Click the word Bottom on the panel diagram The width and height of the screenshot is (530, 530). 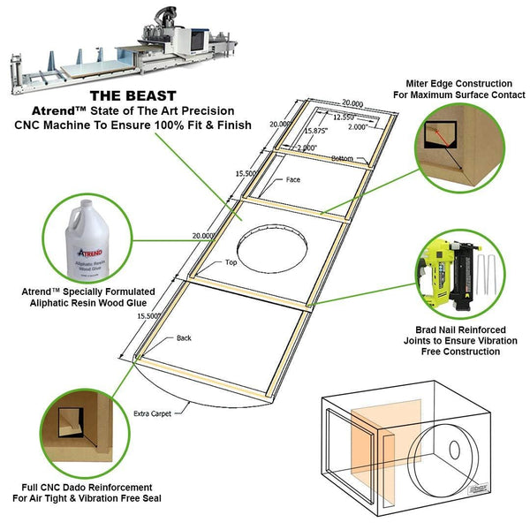(342, 158)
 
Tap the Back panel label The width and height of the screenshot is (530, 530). (184, 337)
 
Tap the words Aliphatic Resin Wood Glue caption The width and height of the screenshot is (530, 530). (92, 302)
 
